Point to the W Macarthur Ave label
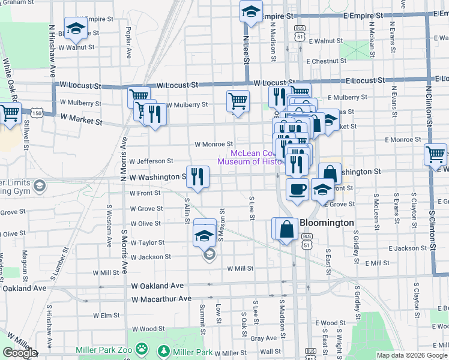point(161,299)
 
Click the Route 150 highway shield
point(37,113)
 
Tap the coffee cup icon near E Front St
point(297,190)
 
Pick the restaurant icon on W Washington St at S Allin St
point(197,176)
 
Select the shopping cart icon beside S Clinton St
point(435,154)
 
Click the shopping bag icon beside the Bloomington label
point(288,229)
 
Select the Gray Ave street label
point(263,338)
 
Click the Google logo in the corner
point(20,353)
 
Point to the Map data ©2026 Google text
point(411,355)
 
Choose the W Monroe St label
point(214,144)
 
